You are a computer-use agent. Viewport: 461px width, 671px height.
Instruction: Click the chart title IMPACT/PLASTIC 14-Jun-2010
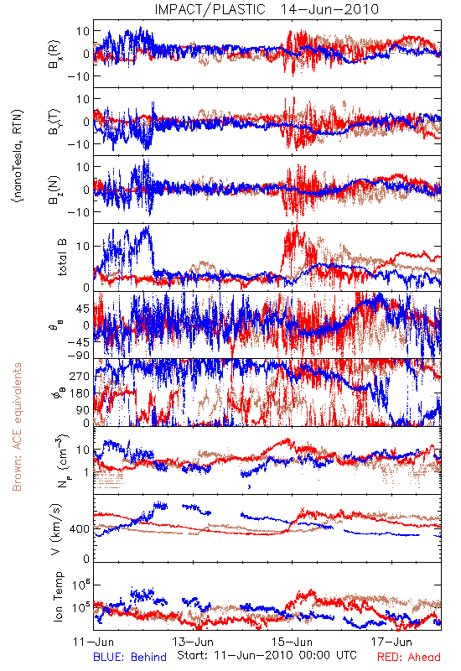tap(267, 9)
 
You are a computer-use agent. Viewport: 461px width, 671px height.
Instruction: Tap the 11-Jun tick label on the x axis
tap(94, 642)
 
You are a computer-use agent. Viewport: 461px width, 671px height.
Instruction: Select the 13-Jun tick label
tap(193, 642)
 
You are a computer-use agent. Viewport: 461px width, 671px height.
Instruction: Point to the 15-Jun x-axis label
tap(293, 642)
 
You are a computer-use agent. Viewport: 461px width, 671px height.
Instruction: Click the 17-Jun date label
tap(391, 642)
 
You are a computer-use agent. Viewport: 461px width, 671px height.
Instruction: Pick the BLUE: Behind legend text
tap(130, 657)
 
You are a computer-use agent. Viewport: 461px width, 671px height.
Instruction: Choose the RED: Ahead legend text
tap(409, 657)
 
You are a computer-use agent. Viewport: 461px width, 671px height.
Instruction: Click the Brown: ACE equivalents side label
tap(17, 427)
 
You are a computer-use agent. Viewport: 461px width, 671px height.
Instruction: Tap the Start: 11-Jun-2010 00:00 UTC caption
tap(267, 655)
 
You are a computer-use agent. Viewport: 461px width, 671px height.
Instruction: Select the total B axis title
tap(62, 257)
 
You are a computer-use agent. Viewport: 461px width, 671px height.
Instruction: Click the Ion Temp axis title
tap(58, 596)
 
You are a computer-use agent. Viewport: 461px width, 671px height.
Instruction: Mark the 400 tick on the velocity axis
tap(80, 529)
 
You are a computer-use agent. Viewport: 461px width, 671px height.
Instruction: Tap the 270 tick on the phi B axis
tap(80, 376)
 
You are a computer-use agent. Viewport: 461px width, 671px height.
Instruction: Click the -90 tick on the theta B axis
tap(79, 356)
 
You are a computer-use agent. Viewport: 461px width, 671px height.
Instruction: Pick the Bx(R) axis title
tap(54, 54)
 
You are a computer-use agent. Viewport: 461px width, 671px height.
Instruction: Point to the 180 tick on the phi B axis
tap(80, 393)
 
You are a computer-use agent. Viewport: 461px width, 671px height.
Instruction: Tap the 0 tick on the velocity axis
tap(86, 559)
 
